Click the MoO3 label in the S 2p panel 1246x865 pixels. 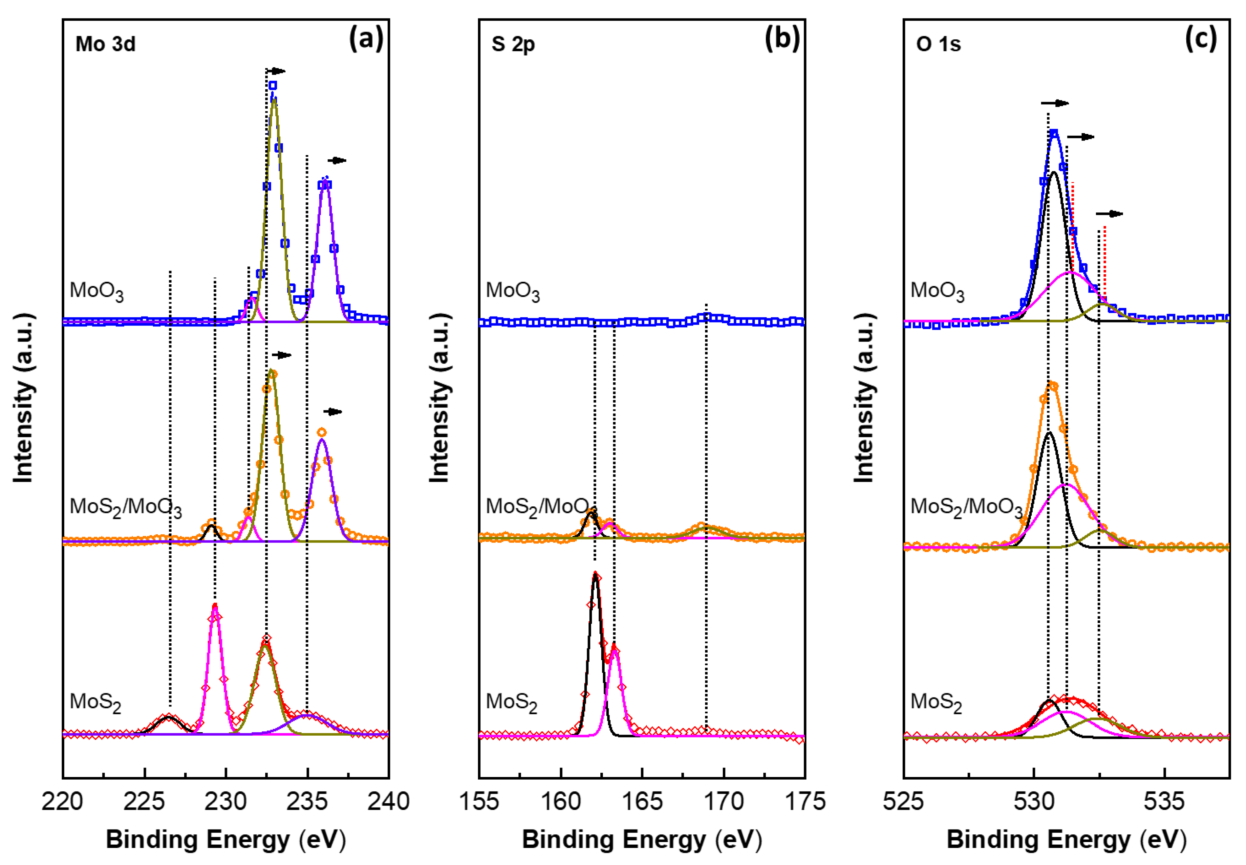click(512, 291)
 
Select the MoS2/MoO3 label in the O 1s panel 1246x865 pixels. click(966, 507)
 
